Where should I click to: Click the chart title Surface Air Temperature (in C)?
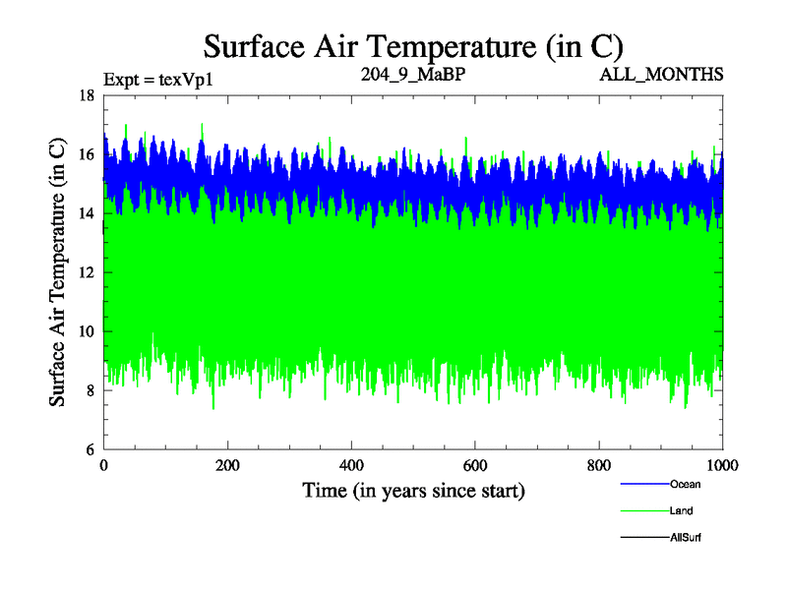pos(413,45)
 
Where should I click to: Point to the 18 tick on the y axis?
pos(86,95)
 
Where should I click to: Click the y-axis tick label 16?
pos(86,154)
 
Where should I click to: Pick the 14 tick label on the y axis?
pos(86,213)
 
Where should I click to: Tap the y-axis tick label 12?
pos(86,272)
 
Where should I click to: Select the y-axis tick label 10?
pos(86,331)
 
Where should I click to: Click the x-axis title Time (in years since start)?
pos(413,490)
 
